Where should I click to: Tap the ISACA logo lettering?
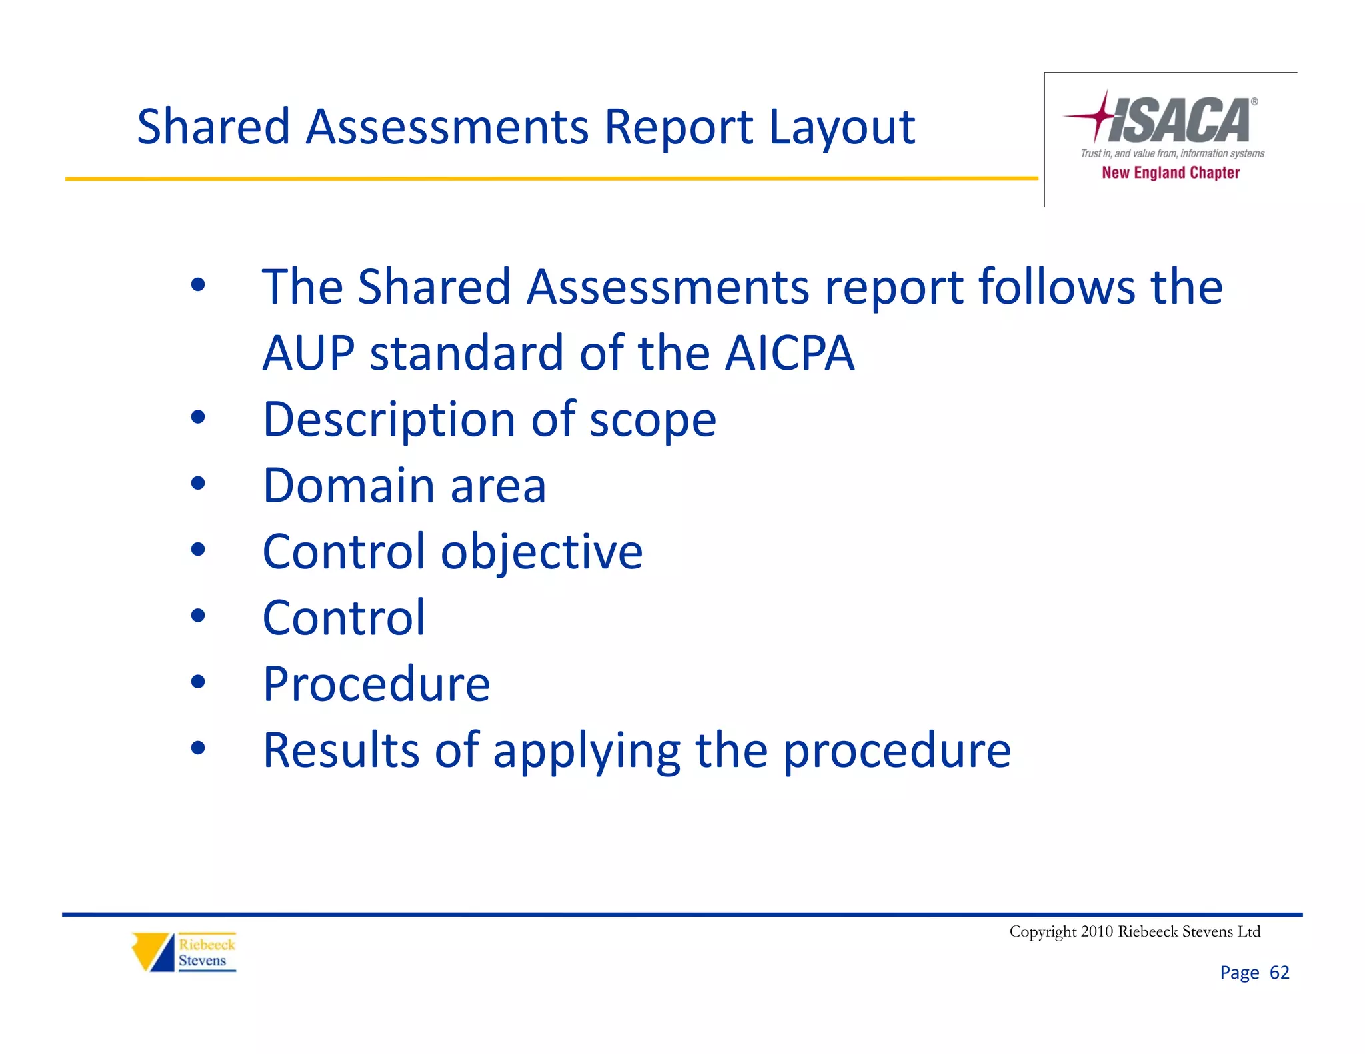(1180, 121)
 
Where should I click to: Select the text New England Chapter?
(1170, 173)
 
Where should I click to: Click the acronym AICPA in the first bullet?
(790, 353)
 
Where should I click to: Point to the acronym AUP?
(308, 353)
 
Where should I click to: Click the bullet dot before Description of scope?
(198, 418)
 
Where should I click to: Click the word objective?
(541, 553)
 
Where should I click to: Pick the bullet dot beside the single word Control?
(198, 616)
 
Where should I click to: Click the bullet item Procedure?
(377, 684)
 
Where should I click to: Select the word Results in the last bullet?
(341, 750)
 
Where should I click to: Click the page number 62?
(1279, 973)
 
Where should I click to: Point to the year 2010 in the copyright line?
(1096, 931)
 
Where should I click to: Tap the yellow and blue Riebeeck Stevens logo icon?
(153, 951)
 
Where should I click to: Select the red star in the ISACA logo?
(1100, 116)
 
